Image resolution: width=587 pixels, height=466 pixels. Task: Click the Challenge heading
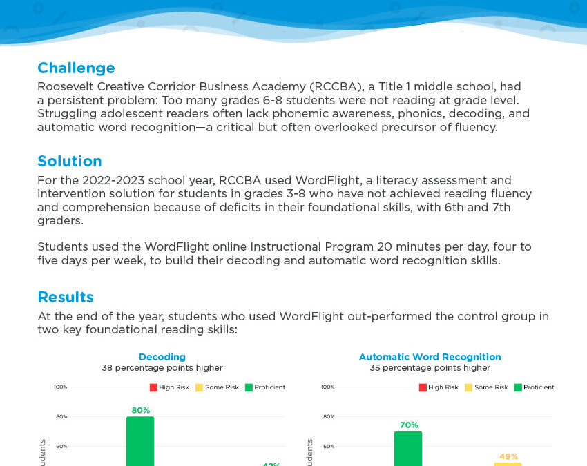click(x=76, y=68)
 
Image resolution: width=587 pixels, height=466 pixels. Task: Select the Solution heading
click(x=70, y=162)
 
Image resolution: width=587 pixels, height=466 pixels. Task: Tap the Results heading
click(x=66, y=298)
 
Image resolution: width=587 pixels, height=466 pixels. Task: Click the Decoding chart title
click(x=162, y=357)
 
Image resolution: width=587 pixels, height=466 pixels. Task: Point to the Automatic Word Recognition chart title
click(x=430, y=357)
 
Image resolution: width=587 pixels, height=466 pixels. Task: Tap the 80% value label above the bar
click(x=141, y=410)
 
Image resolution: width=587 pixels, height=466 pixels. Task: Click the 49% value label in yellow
click(x=508, y=456)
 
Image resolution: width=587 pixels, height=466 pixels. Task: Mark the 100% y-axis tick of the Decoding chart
click(x=61, y=387)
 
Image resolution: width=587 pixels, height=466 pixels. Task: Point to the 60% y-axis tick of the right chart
click(x=328, y=446)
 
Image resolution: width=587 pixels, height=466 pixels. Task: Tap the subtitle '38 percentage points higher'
click(x=162, y=368)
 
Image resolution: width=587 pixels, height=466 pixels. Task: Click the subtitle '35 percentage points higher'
click(x=430, y=368)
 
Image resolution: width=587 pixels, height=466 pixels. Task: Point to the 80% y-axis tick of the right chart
click(x=328, y=416)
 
